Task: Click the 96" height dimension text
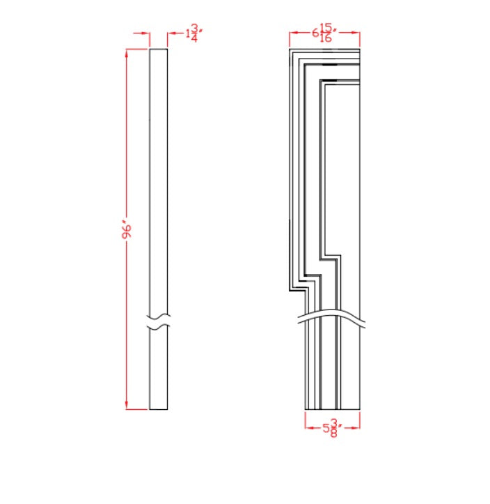coord(127,231)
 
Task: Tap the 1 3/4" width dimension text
coord(191,33)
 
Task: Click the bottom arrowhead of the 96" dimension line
coord(127,406)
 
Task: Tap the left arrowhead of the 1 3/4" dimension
coord(146,33)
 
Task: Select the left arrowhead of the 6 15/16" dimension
coord(293,33)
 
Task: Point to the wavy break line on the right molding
coord(333,316)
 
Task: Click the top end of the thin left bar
coord(159,50)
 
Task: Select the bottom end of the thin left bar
coord(159,409)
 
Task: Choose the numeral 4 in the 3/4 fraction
coord(194,39)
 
